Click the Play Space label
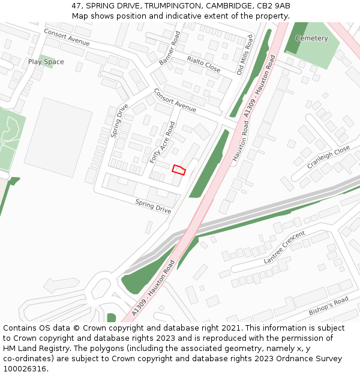point(46,62)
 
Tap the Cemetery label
point(311,38)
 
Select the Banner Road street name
point(169,49)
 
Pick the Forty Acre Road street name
point(163,142)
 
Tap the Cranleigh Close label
point(328,157)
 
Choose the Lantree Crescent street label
point(284,247)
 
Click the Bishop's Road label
point(328,306)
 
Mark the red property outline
point(179,169)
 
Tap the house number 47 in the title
point(76,5)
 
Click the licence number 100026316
point(25,369)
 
